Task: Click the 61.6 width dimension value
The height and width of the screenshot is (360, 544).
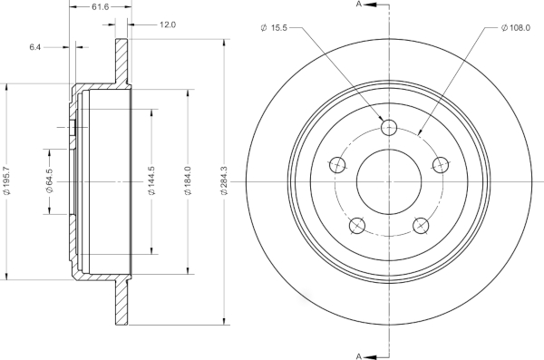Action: click(101, 6)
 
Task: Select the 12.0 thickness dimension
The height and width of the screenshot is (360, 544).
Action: click(168, 24)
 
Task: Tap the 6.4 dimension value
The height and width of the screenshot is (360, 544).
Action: click(35, 47)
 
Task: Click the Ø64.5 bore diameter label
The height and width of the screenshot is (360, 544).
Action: click(49, 180)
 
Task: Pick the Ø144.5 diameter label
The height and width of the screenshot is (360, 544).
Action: click(151, 180)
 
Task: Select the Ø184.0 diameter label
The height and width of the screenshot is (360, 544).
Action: click(188, 180)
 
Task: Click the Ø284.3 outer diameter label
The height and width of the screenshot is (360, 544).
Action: click(224, 180)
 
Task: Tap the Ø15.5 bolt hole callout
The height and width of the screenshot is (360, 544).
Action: click(274, 28)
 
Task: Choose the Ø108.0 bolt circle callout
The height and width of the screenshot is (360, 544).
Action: click(516, 28)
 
